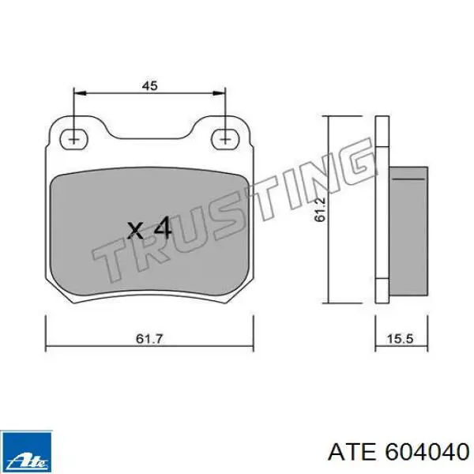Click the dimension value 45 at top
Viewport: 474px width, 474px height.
[150, 86]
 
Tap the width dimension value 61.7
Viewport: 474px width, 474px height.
[149, 339]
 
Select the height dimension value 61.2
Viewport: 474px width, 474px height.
[319, 209]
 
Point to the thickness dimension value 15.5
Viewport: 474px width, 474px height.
[400, 339]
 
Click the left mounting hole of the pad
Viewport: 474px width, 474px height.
[73, 139]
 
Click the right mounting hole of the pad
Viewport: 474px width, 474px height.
[225, 139]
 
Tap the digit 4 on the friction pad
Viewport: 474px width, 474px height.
[163, 228]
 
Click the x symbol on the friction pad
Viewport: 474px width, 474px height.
[135, 231]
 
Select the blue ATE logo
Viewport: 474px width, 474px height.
[26, 452]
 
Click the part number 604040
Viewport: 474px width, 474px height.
[427, 452]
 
